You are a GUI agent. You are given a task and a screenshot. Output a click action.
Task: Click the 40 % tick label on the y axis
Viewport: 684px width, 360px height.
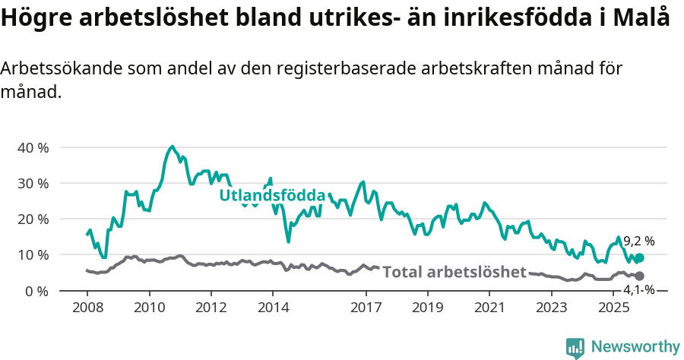tap(32, 147)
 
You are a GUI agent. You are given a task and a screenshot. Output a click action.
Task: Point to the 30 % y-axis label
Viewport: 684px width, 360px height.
tap(32, 183)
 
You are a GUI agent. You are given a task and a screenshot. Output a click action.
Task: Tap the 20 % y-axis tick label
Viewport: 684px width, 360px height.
tap(32, 219)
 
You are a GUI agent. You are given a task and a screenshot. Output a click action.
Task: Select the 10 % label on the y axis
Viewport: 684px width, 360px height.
tap(32, 254)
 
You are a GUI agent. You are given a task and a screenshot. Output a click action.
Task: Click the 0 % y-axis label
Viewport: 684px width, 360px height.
tap(36, 291)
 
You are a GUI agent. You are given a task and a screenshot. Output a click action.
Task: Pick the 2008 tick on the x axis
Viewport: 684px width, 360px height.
tap(87, 308)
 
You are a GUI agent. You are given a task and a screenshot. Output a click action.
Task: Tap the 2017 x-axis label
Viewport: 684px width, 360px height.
tap(366, 308)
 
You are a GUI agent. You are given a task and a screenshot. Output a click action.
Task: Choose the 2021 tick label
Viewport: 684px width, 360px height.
tap(489, 308)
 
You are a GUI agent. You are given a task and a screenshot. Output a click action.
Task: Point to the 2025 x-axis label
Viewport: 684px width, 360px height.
tap(613, 308)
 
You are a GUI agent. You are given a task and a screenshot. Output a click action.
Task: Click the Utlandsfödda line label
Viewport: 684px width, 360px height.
tap(272, 195)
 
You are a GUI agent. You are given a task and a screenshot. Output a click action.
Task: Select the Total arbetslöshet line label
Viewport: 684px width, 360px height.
tap(454, 272)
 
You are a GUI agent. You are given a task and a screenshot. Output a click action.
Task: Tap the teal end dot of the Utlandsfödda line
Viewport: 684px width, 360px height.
tap(639, 258)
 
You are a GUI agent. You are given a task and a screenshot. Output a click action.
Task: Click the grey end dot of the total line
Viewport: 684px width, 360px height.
tap(639, 276)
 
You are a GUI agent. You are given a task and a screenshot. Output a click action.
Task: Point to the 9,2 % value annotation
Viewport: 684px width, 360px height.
tap(638, 242)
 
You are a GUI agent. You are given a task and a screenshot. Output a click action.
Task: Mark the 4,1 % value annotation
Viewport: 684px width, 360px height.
tap(638, 289)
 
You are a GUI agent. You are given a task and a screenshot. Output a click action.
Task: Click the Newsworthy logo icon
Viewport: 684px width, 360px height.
tap(575, 348)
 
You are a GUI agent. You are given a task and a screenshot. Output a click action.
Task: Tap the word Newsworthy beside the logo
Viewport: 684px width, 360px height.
tap(635, 347)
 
